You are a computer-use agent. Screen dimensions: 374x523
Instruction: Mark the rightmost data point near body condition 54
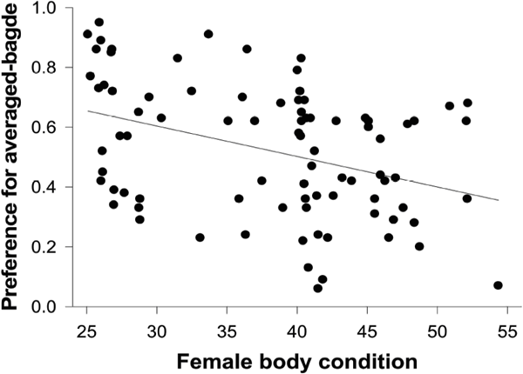[x=498, y=285]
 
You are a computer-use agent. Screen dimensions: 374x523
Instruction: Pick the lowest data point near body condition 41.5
[x=317, y=288]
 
